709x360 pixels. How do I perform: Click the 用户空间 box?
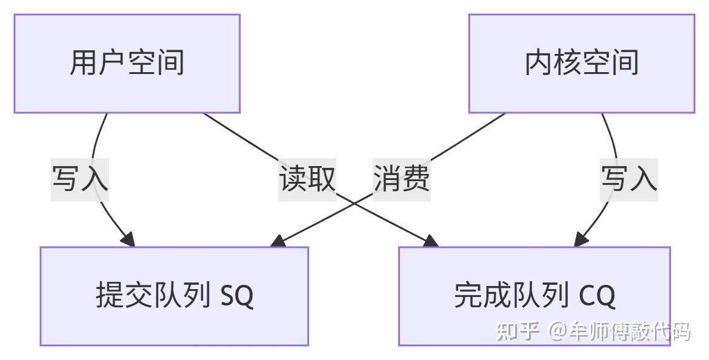pos(127,64)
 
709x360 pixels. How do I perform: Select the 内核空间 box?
pos(582,64)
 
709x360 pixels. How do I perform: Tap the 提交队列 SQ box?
pos(175,296)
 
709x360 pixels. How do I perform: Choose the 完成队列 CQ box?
pos(534,296)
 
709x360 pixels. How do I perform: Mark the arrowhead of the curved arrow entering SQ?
pos(128,240)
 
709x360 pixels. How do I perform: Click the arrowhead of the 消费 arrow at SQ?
pos(278,241)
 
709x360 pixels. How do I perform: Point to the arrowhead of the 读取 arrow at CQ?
pos(431,241)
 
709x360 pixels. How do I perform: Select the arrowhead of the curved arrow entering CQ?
pos(581,240)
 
